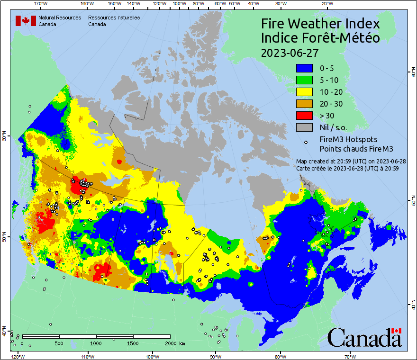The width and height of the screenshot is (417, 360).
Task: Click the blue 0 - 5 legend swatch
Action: click(305, 69)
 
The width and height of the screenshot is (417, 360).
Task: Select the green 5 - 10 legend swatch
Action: click(305, 81)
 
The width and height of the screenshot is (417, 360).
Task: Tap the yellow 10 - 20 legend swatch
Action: click(305, 92)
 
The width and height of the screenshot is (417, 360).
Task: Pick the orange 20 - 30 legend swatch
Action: click(305, 104)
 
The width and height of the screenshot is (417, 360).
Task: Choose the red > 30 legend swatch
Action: click(305, 116)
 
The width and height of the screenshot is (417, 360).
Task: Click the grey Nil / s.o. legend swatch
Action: click(305, 127)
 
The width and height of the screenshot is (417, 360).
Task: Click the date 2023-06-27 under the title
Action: click(290, 53)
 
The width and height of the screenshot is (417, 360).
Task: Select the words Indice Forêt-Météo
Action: click(320, 38)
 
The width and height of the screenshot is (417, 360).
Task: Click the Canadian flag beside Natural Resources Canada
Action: click(23, 20)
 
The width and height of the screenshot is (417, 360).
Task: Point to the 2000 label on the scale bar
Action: click(171, 343)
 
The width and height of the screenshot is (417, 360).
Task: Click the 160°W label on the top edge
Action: click(86, 4)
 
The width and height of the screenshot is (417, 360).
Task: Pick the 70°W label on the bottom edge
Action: click(350, 356)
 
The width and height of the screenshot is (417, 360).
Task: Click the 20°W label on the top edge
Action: click(326, 4)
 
